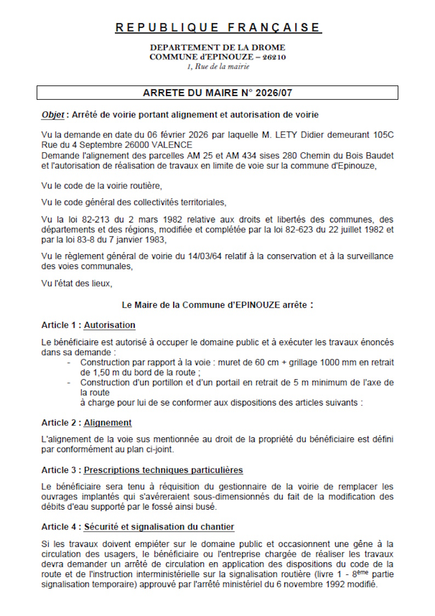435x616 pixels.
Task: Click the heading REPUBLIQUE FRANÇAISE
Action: tap(218, 27)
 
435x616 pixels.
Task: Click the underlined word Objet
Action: tap(53, 115)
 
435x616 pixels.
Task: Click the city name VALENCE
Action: tap(174, 145)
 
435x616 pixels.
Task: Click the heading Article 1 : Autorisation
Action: tap(88, 325)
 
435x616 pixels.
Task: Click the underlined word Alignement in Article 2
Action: tap(107, 423)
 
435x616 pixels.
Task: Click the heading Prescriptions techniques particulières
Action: tap(163, 470)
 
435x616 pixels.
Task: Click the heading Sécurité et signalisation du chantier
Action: tap(159, 527)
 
